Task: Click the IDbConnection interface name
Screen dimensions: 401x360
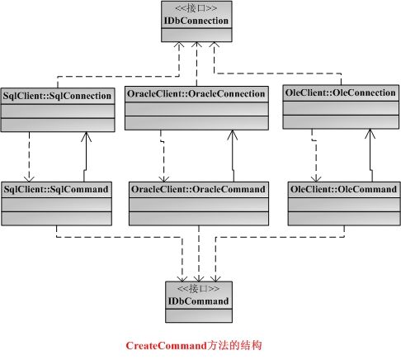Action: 196,21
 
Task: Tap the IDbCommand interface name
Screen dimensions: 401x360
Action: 198,301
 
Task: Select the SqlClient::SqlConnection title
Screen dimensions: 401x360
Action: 57,96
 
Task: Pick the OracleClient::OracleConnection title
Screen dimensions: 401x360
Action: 196,94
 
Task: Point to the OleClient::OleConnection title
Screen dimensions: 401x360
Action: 341,92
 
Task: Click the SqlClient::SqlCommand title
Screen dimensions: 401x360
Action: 56,189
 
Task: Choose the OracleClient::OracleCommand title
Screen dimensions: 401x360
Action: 198,189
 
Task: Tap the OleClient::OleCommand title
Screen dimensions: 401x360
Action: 344,189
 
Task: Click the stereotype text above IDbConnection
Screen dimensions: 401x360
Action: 196,8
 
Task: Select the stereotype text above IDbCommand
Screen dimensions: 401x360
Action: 198,288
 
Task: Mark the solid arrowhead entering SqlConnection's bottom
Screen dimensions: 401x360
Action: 86,137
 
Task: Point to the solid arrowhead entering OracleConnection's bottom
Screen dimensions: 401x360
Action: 233,135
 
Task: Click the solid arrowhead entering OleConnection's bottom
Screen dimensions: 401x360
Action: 370,134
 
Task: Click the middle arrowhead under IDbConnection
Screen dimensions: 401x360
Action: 196,45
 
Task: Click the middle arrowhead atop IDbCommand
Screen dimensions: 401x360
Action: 199,278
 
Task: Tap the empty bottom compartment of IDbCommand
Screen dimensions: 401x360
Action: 199,315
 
